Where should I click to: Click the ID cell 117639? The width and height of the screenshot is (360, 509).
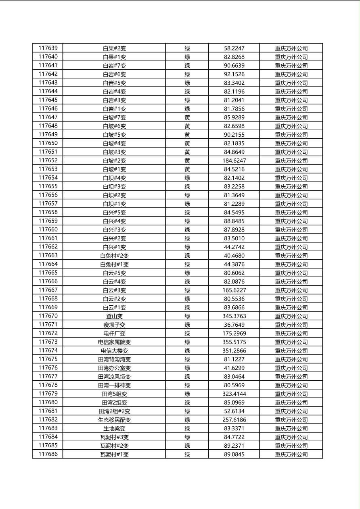[48, 48]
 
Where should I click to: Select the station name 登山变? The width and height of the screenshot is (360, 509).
[114, 316]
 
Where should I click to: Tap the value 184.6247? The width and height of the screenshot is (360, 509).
[234, 161]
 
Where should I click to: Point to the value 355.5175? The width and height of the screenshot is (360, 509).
[234, 342]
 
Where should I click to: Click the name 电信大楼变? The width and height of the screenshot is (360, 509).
[114, 351]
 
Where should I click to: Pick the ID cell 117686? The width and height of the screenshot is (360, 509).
[48, 454]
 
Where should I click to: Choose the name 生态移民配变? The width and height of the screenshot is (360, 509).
[114, 420]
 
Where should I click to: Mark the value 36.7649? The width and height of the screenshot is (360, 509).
[234, 325]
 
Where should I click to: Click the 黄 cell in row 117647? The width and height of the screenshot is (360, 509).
[187, 117]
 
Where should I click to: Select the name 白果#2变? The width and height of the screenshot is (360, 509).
[114, 48]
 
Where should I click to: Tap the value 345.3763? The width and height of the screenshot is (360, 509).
[234, 316]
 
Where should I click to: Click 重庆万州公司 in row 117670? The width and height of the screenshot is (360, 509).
[291, 316]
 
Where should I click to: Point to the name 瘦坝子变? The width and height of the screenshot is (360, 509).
[114, 325]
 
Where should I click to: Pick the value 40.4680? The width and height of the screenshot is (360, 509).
[234, 256]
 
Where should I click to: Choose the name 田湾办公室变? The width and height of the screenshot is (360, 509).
[114, 368]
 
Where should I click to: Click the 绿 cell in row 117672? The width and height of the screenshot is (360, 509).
[187, 334]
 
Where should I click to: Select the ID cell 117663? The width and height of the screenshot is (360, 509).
[48, 255]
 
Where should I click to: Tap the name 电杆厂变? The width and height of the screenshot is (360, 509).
[114, 334]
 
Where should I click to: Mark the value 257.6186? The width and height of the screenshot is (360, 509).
[234, 420]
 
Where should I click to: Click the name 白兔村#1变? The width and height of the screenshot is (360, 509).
[114, 264]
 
